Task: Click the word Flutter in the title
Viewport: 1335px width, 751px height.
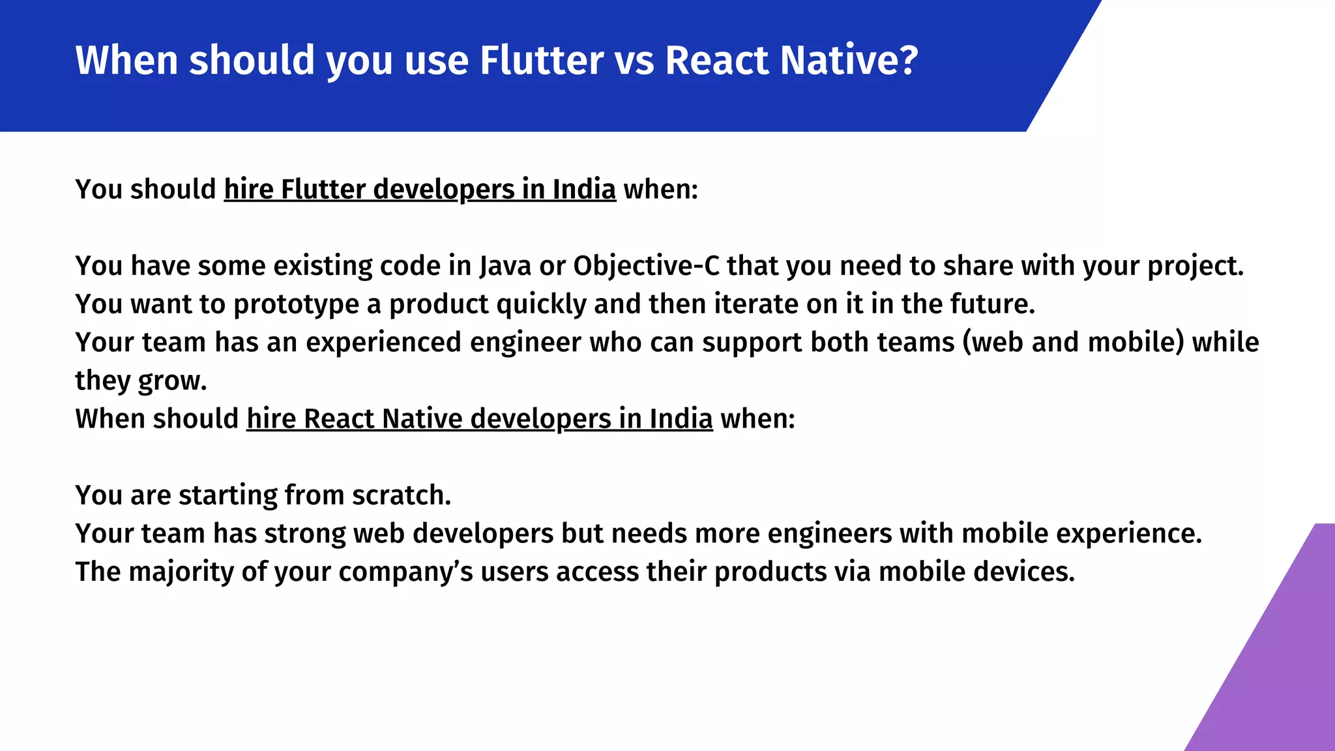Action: click(x=541, y=61)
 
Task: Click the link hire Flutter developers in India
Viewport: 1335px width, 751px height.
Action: click(x=420, y=190)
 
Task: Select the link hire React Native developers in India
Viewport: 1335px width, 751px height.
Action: click(x=479, y=419)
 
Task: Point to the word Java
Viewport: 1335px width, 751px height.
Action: click(x=505, y=266)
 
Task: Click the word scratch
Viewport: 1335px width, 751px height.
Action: click(x=401, y=495)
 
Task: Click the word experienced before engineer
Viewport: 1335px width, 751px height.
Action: click(x=383, y=343)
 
